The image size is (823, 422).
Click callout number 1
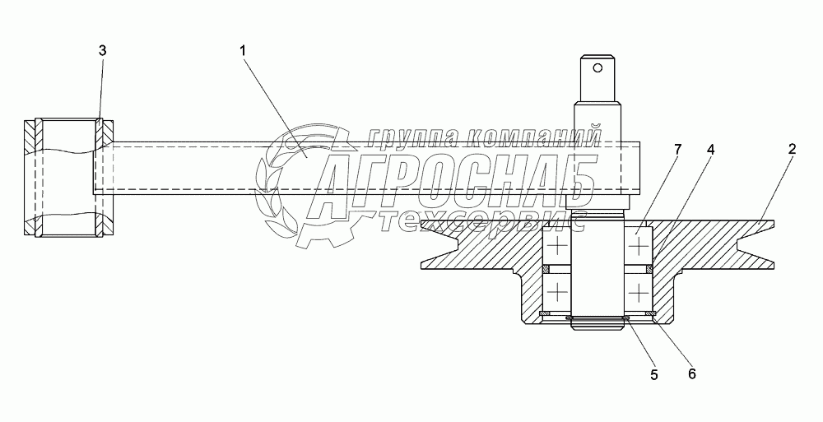click(243, 51)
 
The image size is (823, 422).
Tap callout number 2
click(792, 149)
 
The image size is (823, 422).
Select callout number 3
click(102, 51)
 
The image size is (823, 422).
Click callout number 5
click(653, 374)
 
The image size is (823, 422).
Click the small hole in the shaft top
click(600, 67)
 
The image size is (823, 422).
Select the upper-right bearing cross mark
click(639, 246)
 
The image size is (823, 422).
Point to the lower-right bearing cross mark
click(639, 291)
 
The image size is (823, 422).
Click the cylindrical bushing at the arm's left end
click(68, 179)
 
